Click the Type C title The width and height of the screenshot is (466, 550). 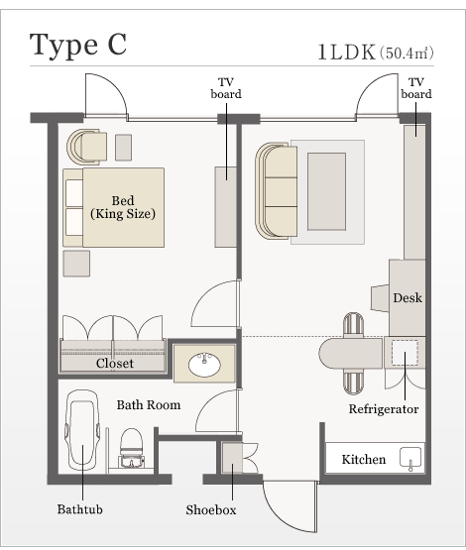coord(78,46)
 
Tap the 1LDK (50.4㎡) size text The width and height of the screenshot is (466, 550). coord(376,53)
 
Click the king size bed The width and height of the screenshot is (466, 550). coord(114,208)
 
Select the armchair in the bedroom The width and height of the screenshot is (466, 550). coord(87,147)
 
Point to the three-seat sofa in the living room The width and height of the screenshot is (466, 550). coord(277,191)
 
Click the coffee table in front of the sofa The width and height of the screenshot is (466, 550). coord(326,191)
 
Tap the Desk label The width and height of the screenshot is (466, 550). coord(408,298)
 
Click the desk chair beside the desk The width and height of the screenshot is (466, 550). coord(380,298)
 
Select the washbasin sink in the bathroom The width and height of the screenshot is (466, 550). coord(204,364)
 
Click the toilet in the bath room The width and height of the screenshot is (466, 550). coord(132,448)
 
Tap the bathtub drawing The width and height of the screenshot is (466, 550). coord(82,430)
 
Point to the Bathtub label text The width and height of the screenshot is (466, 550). coord(80,509)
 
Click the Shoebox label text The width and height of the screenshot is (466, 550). coord(211,509)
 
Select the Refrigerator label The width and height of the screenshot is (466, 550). coord(384,409)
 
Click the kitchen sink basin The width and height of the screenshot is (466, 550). coord(410,458)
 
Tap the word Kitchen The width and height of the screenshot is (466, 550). coord(364,459)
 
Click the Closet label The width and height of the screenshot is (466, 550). coord(115,364)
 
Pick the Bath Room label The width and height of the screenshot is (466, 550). coord(149,404)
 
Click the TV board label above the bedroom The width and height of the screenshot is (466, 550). coord(226,88)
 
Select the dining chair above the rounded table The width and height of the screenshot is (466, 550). coord(353,325)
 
